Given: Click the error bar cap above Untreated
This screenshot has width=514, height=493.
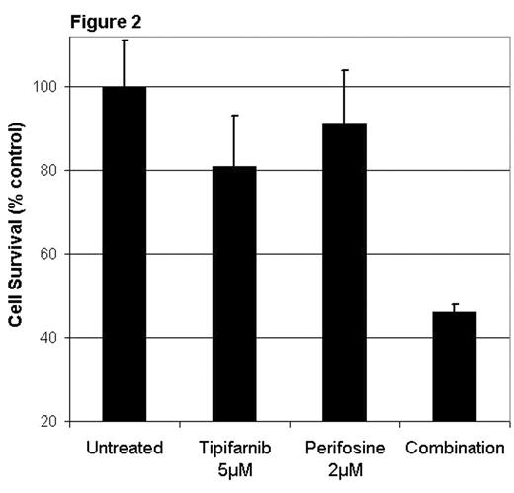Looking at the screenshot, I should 125,41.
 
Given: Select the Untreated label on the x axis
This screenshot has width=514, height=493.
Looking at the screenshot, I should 125,448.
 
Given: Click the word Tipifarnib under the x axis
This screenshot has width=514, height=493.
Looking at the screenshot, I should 234,448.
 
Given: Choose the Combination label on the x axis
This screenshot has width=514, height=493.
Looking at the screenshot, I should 454,448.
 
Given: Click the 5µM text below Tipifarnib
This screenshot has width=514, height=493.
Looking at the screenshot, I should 234,470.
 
